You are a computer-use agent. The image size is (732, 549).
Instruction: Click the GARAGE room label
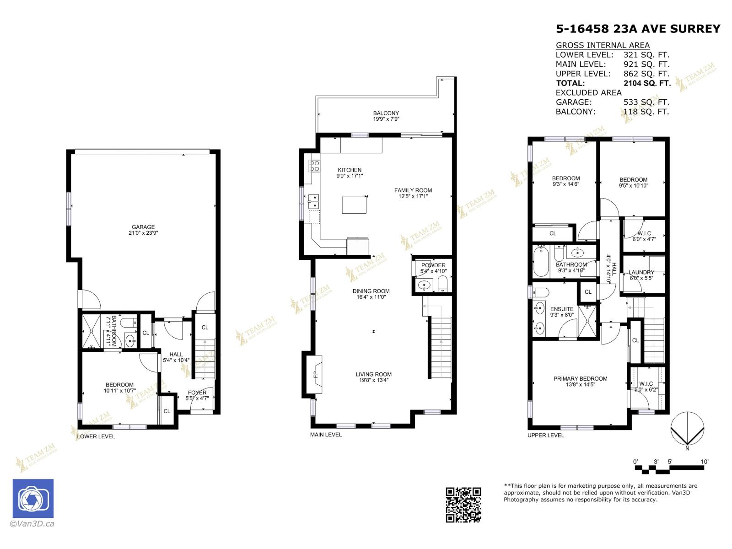(143, 227)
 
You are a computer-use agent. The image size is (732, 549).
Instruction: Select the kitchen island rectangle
(354, 205)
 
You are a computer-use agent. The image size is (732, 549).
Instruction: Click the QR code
(463, 505)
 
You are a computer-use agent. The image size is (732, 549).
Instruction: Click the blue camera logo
(33, 499)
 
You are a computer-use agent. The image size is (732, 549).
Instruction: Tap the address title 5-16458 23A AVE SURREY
(638, 29)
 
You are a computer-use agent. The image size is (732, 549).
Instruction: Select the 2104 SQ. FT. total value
(647, 83)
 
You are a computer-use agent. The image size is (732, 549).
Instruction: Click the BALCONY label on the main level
(386, 113)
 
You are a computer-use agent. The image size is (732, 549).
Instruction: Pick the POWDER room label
(433, 265)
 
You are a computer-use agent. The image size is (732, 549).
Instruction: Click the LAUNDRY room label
(641, 272)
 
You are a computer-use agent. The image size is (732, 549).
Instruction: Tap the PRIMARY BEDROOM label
(580, 378)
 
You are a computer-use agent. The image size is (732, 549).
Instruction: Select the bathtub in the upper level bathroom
(541, 262)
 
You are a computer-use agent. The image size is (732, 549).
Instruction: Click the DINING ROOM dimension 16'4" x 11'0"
(371, 297)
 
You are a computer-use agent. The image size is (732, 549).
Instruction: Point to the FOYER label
(197, 393)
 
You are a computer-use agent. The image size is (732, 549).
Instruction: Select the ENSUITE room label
(562, 309)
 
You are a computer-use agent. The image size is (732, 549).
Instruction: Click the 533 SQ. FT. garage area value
(646, 102)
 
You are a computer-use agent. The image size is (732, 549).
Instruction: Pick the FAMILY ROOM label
(413, 190)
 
